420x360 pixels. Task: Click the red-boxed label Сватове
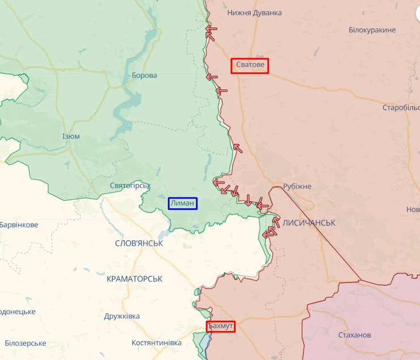coord(250,66)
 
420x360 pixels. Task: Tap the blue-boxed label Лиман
coord(182,203)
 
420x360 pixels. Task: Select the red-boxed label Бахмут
coord(220,326)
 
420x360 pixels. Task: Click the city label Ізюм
coord(71,136)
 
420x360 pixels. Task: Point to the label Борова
coord(144,76)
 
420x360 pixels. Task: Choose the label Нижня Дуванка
coord(254,12)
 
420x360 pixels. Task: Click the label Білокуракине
coord(372,30)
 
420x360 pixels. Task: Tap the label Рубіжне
coord(297,186)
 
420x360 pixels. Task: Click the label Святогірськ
coord(130,186)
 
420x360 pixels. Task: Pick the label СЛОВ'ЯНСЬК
coord(138,243)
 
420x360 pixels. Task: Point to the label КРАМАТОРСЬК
coord(135,279)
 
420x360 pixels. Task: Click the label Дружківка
coord(122,316)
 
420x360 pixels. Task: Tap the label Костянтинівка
coord(156,343)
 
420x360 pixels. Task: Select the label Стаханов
coord(354,335)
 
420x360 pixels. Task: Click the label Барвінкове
coord(19,225)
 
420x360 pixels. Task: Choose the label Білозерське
coord(25,343)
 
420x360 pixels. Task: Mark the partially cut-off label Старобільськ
coord(401,107)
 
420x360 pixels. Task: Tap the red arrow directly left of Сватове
coord(212,77)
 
